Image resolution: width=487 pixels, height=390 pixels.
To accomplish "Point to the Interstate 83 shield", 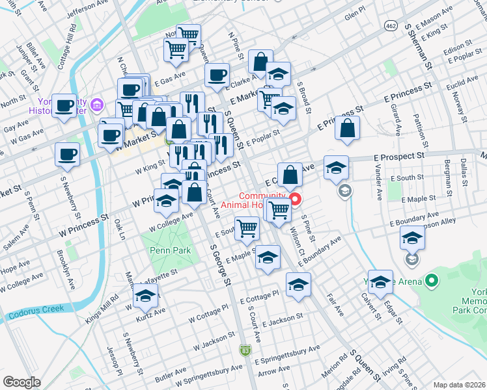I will [x=245, y=349].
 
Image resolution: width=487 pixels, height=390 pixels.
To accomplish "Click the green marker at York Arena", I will [x=431, y=281].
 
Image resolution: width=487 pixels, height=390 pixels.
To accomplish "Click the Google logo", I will [x=21, y=382].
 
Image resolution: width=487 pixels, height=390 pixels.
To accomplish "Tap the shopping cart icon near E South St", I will [x=247, y=227].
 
